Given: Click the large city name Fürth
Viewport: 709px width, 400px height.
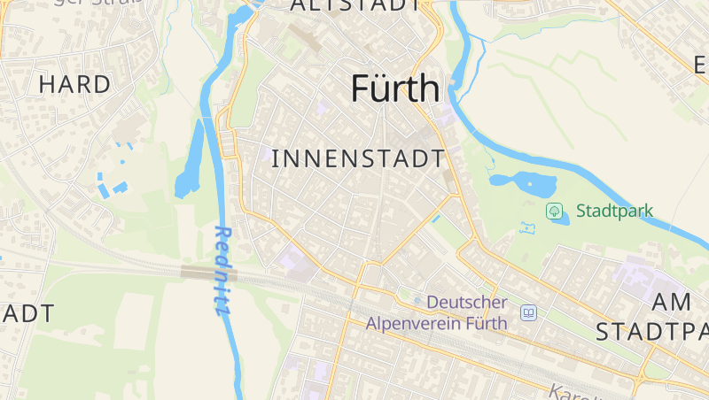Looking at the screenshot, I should (x=395, y=88).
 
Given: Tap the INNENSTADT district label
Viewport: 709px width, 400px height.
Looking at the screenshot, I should (x=357, y=159).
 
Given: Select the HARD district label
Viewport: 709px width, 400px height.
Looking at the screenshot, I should (x=74, y=84).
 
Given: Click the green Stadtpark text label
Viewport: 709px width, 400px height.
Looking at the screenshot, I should (x=614, y=211).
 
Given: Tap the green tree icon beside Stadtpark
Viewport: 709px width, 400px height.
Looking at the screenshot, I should (x=554, y=211).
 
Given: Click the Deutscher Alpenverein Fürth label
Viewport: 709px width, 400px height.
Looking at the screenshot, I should (x=437, y=312).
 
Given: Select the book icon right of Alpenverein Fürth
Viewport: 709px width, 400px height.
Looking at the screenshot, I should (x=529, y=312).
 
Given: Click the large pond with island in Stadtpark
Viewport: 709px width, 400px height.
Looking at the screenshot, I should (x=523, y=183).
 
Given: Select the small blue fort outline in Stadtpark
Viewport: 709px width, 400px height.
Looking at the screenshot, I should (x=529, y=228).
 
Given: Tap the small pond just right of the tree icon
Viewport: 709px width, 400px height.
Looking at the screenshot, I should (x=560, y=219).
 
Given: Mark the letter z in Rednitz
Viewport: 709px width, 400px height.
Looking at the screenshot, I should (x=218, y=308).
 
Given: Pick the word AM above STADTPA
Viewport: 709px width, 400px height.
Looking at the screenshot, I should (x=671, y=302).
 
